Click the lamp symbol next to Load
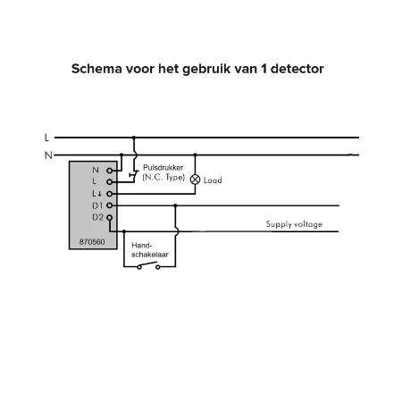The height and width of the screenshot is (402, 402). [195, 180]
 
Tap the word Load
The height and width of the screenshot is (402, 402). [213, 180]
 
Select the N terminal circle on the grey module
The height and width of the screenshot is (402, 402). [110, 171]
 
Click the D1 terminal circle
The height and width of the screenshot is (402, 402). [110, 205]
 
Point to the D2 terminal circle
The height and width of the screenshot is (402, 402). [110, 217]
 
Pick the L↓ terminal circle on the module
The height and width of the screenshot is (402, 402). [110, 194]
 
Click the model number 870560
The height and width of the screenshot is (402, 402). [92, 242]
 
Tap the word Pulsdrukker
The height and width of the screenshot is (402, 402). [163, 168]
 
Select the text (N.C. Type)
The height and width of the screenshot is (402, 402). [163, 178]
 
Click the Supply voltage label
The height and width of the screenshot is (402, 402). [294, 224]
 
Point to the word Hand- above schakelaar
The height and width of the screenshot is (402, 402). [142, 246]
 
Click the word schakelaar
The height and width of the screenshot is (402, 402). [150, 255]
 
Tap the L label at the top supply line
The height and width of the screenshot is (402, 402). [46, 138]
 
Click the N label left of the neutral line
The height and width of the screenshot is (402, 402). [48, 155]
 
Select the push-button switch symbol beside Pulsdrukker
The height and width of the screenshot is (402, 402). [134, 175]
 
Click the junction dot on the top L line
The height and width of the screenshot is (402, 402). [134, 138]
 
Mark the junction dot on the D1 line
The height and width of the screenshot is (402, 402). [175, 205]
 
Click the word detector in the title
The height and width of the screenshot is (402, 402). [297, 69]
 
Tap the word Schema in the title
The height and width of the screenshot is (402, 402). [96, 69]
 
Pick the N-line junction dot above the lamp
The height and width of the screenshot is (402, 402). [195, 155]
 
